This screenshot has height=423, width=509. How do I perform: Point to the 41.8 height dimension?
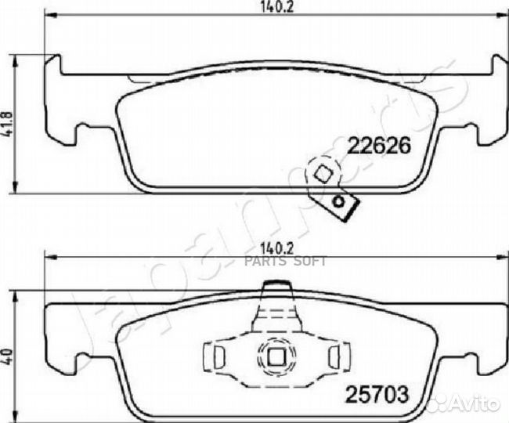tap(9, 124)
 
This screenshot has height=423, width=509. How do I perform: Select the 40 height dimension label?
tap(9, 353)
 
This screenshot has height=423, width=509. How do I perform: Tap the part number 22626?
tap(379, 146)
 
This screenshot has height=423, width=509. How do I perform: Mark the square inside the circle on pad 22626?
tap(320, 173)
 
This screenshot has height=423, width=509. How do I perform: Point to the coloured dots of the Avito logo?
tap(447, 402)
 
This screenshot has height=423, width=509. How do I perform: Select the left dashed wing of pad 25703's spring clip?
tap(213, 357)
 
